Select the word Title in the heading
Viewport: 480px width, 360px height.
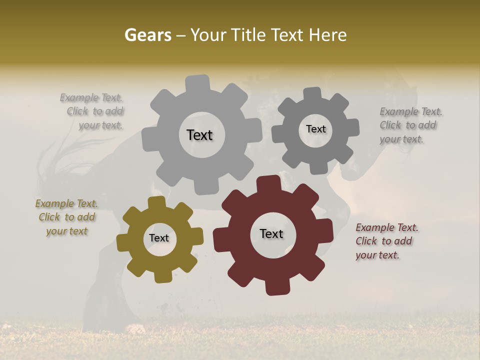pos(248,35)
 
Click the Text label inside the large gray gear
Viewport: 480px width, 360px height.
pos(199,135)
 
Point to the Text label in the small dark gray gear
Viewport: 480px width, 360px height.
pos(315,129)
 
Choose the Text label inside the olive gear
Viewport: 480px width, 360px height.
pos(159,238)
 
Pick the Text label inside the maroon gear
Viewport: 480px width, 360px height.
pos(271,234)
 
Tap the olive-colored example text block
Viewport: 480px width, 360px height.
pos(67,217)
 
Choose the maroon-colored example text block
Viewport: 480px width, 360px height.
pos(386,241)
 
